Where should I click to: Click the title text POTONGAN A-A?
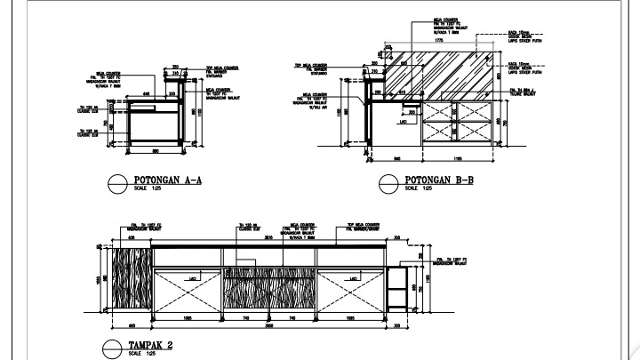coord(169,180)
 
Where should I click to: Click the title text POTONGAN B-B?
coord(439,180)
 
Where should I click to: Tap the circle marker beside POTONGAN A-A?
coord(116,183)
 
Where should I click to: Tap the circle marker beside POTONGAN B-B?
coord(388,184)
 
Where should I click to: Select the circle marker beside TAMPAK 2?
coord(113,348)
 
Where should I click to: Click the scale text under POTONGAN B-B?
coord(419,189)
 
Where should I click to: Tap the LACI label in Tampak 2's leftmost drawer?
coord(191,279)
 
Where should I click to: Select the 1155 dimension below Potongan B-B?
coord(459,159)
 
